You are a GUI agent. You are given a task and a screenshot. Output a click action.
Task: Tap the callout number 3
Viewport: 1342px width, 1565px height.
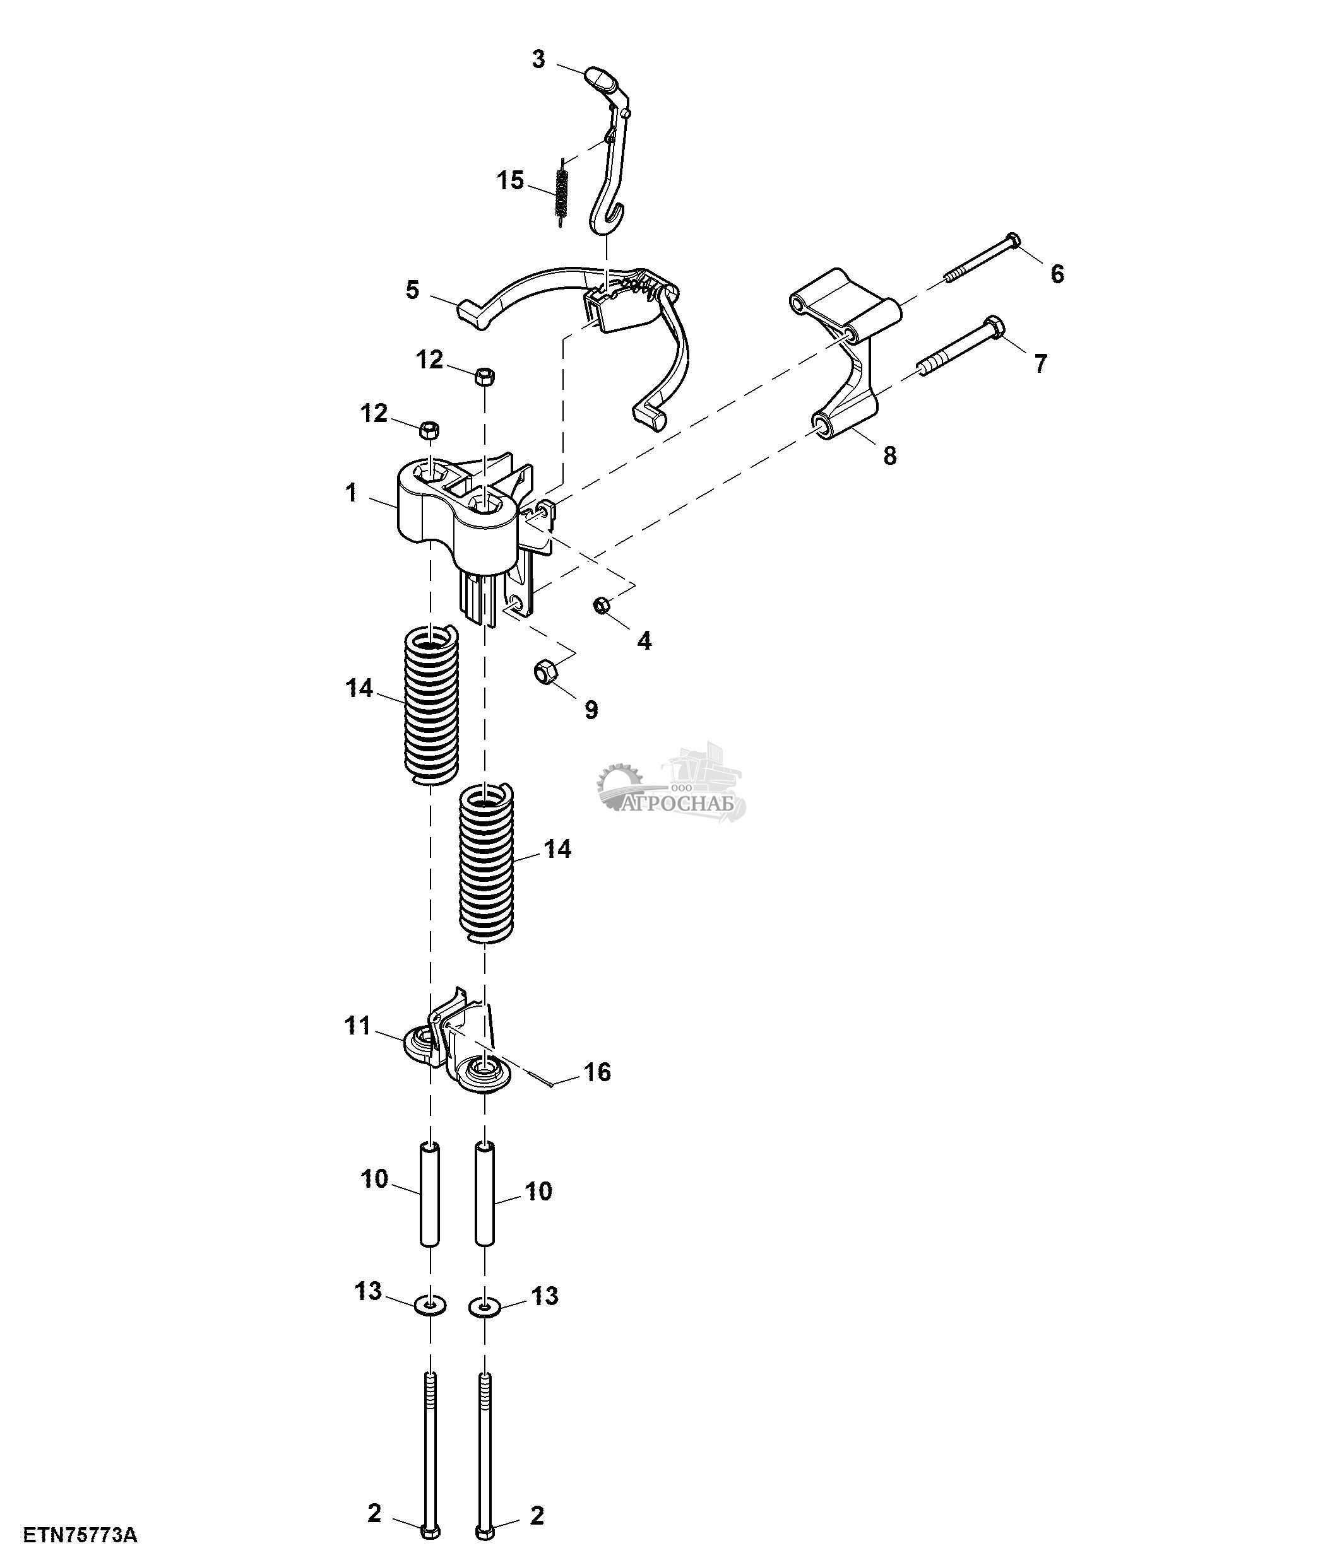(538, 59)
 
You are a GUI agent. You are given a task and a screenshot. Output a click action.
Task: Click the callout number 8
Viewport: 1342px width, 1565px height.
(889, 455)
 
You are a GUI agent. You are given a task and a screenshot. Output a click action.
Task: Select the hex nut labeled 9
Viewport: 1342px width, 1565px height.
(545, 670)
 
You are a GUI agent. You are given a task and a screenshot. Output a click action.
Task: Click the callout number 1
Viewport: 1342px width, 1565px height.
(350, 493)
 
